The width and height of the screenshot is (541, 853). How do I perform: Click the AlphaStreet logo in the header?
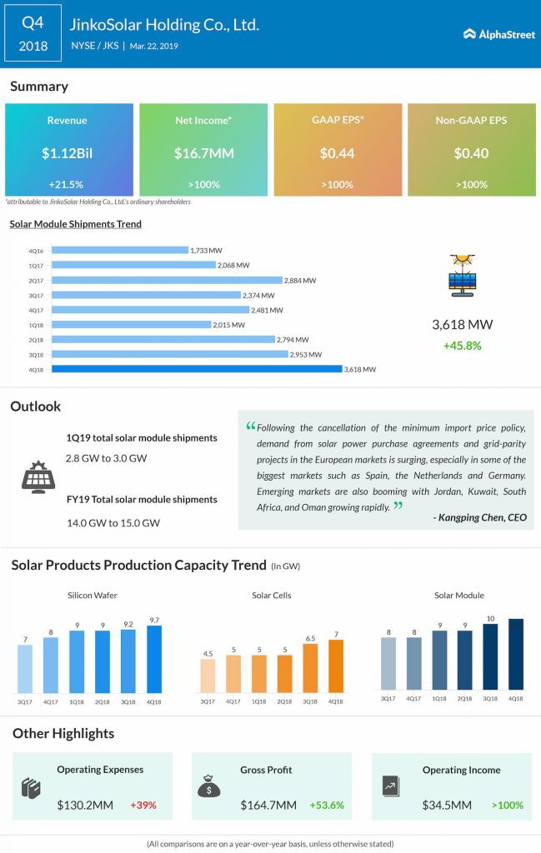[499, 34]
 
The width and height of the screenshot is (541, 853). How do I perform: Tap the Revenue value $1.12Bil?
[67, 153]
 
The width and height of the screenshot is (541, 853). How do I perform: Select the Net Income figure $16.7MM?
[203, 153]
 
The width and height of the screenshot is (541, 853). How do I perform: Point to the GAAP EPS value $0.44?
[337, 153]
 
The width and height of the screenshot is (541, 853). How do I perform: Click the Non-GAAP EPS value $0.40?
[471, 153]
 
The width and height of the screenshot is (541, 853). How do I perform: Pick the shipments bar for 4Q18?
[197, 369]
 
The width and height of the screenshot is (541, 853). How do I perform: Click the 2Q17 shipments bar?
[167, 280]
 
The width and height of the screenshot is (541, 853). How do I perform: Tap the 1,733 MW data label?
[206, 251]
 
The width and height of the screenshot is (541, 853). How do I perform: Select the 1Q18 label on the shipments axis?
[36, 326]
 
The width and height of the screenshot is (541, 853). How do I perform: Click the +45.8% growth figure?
[462, 346]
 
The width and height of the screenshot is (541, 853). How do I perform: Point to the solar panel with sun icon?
[463, 275]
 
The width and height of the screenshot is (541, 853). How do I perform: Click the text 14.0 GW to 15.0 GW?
[113, 523]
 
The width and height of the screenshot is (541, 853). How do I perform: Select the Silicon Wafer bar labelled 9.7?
[154, 660]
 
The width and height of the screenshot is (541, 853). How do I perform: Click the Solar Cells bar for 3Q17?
[208, 676]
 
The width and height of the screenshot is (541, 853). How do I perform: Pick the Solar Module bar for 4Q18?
[516, 655]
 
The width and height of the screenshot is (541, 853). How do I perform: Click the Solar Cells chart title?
[272, 596]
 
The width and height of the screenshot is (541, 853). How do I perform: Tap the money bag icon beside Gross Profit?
[209, 786]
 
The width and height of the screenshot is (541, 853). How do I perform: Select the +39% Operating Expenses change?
[143, 806]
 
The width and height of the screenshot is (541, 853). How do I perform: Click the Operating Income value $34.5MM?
[447, 806]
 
